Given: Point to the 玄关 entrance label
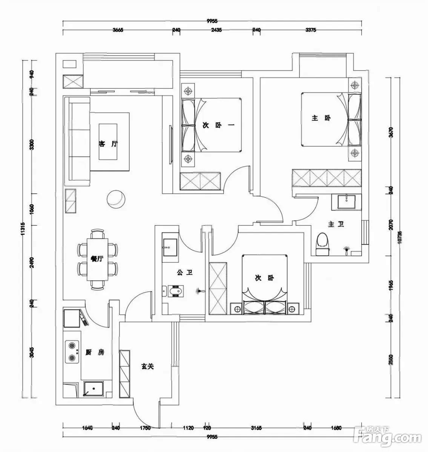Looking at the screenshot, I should [x=148, y=366].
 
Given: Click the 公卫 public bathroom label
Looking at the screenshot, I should [x=185, y=272].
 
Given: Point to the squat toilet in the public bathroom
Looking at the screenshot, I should [x=175, y=292].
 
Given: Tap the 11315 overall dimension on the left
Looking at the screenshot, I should [x=24, y=234].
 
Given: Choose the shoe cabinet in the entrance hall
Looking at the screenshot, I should [x=124, y=373].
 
